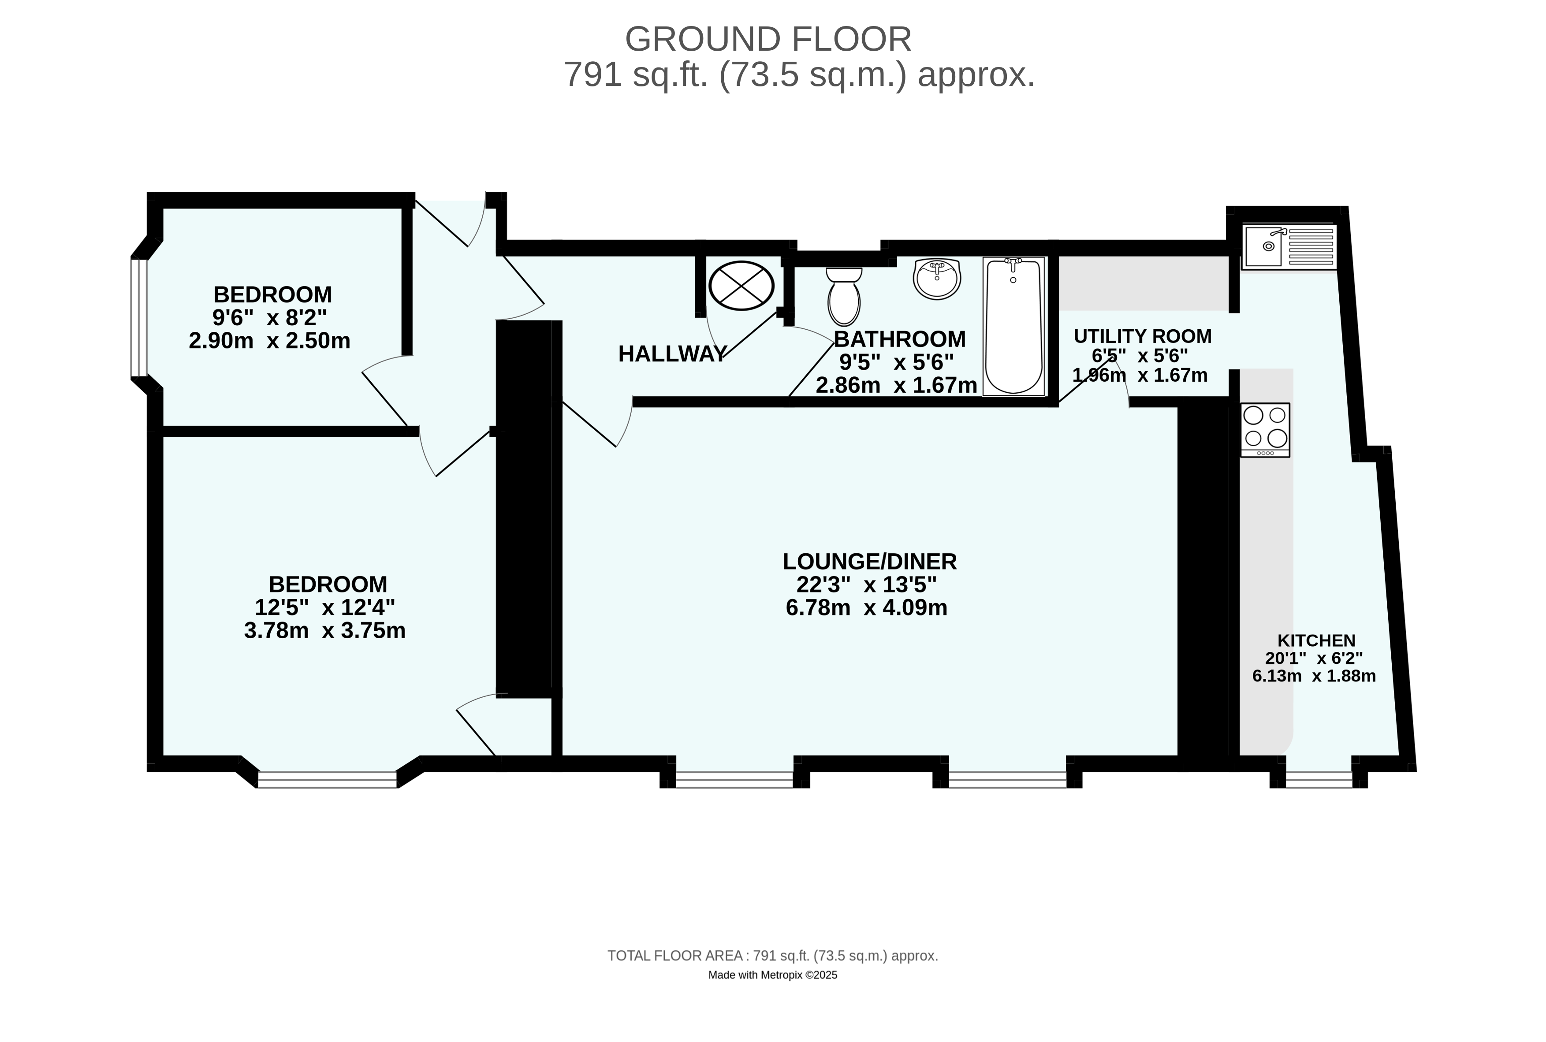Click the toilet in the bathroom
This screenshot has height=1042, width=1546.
[843, 296]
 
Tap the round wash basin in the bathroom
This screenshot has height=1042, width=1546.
[937, 279]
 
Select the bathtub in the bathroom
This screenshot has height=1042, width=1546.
[1013, 326]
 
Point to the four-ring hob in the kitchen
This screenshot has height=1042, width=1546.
[1265, 430]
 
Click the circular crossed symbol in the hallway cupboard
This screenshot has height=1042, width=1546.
[741, 286]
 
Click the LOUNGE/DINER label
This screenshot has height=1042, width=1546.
[869, 562]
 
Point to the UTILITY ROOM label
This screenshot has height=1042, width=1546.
[1143, 336]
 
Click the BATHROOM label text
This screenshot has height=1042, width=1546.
[899, 339]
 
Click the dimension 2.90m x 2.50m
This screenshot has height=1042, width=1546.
[269, 341]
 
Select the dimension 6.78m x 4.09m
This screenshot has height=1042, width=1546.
[866, 607]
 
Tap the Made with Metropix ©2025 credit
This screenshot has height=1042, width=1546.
[772, 975]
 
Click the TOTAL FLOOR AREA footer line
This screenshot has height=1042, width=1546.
[772, 956]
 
